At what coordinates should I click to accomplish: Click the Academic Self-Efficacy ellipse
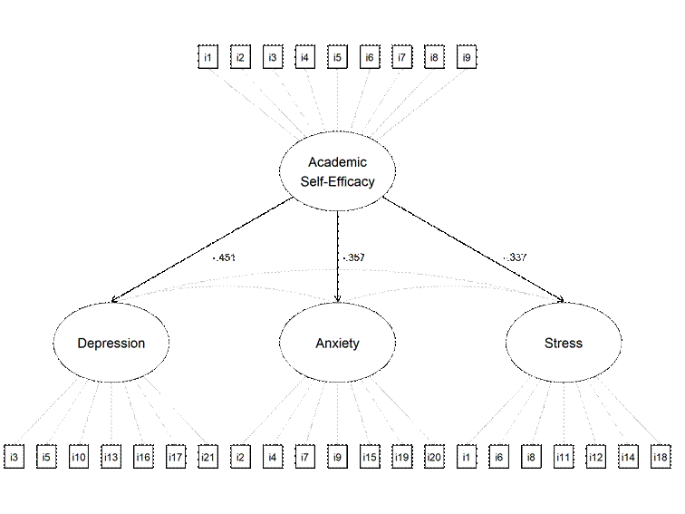point(337,171)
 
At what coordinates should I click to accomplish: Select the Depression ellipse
point(111,343)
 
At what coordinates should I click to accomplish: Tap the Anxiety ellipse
point(337,343)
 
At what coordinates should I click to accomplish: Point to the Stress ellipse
point(563,343)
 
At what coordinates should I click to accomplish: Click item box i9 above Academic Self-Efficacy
point(466,59)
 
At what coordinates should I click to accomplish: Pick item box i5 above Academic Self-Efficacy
point(337,59)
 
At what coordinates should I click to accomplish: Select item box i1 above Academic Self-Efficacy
point(208,59)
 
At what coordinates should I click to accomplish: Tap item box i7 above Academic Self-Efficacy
point(401,59)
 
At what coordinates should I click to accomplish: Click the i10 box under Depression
point(78,457)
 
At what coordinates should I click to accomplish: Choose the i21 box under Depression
point(207,457)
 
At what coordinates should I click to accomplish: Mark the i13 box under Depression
point(111,457)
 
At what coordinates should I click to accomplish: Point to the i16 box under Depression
point(143,457)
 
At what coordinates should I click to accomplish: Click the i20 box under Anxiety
point(434,457)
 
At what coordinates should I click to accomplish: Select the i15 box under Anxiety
point(370,457)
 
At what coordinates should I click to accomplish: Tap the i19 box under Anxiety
point(401,457)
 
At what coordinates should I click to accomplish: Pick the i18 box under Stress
point(661,457)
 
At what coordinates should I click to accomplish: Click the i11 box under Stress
point(563,457)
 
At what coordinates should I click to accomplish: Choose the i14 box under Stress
point(628,457)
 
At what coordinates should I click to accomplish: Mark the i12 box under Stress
point(595,457)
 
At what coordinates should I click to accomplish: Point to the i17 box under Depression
point(176,457)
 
